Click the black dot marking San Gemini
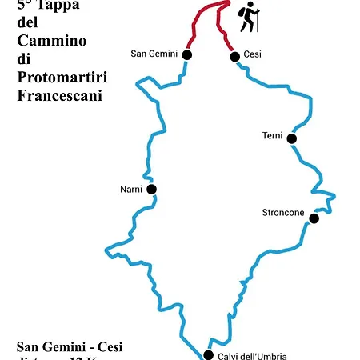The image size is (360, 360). pyautogui.click(x=187, y=54)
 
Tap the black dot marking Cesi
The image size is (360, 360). pyautogui.click(x=234, y=56)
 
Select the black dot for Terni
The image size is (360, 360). pyautogui.click(x=292, y=138)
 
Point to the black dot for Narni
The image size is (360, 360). pyautogui.click(x=152, y=190)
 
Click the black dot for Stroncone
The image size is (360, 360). pyautogui.click(x=314, y=218)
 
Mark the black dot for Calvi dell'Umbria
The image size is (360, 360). pyautogui.click(x=208, y=354)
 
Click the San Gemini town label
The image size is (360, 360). pyautogui.click(x=154, y=54)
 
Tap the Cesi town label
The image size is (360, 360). pyautogui.click(x=253, y=54)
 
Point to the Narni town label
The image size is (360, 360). pyautogui.click(x=130, y=190)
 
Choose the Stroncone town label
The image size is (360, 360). pyautogui.click(x=283, y=212)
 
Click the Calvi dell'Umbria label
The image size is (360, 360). pyautogui.click(x=252, y=356)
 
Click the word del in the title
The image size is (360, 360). pyautogui.click(x=27, y=22)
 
